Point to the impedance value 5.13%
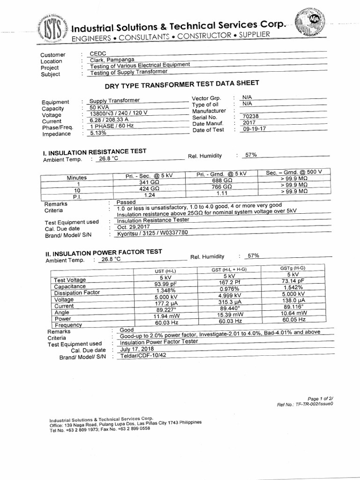pyautogui.click(x=98, y=133)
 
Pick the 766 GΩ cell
pyautogui.click(x=222, y=186)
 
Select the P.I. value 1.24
pyautogui.click(x=150, y=194)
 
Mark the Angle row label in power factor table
pyautogui.click(x=63, y=312)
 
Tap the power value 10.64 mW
pyautogui.click(x=294, y=313)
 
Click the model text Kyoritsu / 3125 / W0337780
pyautogui.click(x=152, y=233)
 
